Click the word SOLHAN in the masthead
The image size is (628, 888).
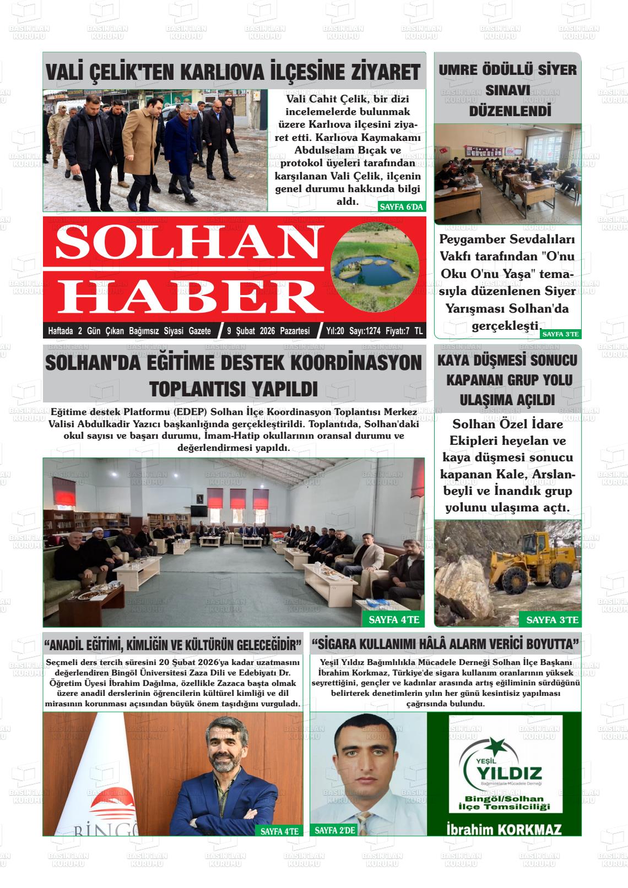click(181, 243)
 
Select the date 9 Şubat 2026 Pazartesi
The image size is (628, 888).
click(268, 331)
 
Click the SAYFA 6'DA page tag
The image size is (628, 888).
click(401, 207)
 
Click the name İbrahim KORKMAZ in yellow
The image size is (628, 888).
click(504, 829)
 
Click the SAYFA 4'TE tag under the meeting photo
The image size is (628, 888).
click(393, 620)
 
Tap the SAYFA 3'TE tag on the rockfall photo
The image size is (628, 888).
click(551, 620)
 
